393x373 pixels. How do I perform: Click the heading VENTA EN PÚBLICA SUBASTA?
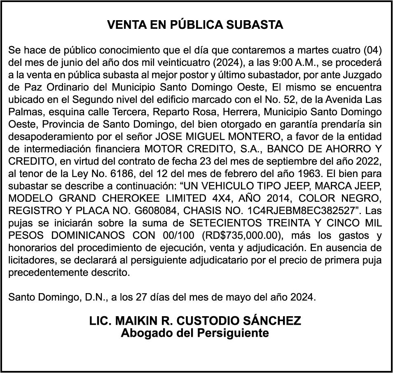click(x=195, y=25)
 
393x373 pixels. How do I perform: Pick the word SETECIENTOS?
click(x=227, y=224)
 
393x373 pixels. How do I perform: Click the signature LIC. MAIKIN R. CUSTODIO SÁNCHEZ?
click(x=195, y=321)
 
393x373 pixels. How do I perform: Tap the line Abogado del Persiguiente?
click(x=195, y=333)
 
